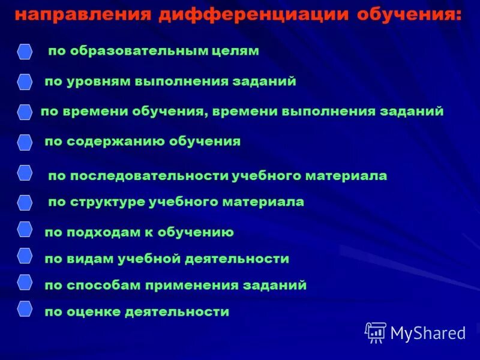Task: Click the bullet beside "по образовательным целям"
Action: (25, 52)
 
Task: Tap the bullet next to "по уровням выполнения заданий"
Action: (25, 82)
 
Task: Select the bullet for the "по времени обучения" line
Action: (25, 112)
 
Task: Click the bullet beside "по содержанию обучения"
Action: (25, 142)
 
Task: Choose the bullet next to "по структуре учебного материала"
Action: (25, 202)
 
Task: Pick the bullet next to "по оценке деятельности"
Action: (25, 308)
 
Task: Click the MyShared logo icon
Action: (376, 332)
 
